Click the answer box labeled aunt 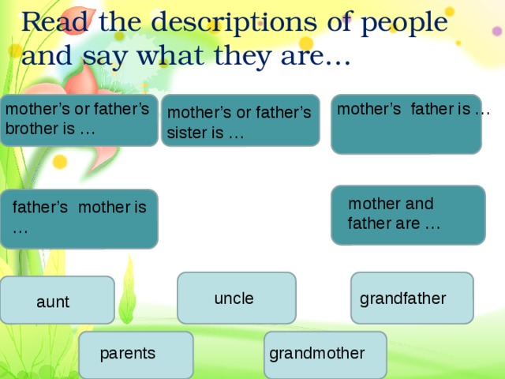tap(57, 300)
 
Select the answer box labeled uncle tap(236, 298)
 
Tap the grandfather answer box tap(411, 298)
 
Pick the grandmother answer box tap(324, 354)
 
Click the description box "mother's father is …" tap(406, 124)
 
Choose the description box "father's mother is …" tap(79, 219)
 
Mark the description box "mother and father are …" tap(408, 215)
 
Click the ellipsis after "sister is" tap(235, 133)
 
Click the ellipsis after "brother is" tap(88, 129)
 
